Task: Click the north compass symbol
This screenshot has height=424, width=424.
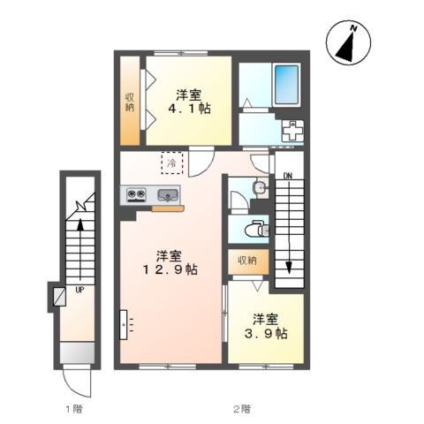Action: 348,42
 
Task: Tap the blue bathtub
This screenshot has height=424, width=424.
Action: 286,85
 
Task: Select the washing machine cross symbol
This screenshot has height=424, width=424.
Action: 292,130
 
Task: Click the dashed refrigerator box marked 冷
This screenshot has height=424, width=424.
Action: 172,163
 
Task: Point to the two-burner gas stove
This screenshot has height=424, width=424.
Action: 136,194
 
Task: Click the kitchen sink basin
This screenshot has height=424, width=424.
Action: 168,195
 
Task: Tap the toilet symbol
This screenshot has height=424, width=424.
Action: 257,229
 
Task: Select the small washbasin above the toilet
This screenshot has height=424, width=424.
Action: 261,188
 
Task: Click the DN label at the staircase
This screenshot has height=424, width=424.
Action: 288,176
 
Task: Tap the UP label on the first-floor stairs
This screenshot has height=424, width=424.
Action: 79,290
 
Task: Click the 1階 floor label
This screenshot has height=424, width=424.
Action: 73,409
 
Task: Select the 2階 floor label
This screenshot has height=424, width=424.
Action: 242,409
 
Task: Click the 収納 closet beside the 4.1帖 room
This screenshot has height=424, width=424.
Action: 130,101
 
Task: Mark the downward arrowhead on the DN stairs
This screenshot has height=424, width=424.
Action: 289,268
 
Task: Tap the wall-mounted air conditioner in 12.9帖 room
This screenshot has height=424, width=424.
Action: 124,324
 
